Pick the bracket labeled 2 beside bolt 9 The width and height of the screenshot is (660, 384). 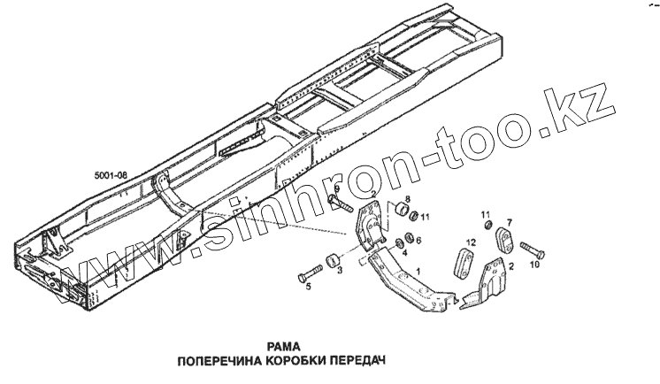point(371,226)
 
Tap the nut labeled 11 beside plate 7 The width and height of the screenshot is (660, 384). point(484,229)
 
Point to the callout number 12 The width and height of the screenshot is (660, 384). point(472,242)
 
